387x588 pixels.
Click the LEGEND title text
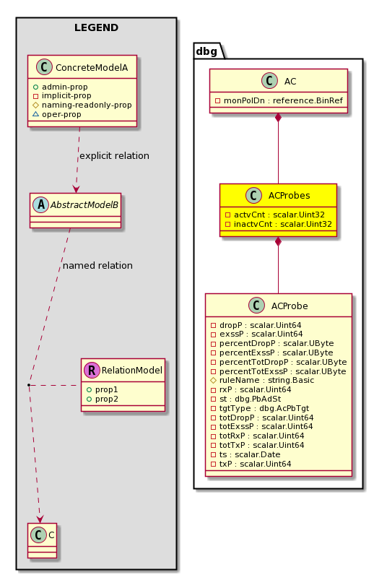pyautogui.click(x=96, y=27)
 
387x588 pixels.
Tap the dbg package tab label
pyautogui.click(x=206, y=51)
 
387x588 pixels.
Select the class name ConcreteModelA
pyautogui.click(x=92, y=67)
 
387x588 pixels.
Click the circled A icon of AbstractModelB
pyautogui.click(x=41, y=204)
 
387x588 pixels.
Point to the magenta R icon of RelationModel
pyautogui.click(x=92, y=371)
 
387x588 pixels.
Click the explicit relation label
pyautogui.click(x=114, y=155)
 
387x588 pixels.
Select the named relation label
pyautogui.click(x=97, y=266)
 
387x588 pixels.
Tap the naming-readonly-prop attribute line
pyautogui.click(x=82, y=105)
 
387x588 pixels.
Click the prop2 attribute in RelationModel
pyautogui.click(x=103, y=399)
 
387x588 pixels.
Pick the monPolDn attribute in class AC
pyautogui.click(x=279, y=100)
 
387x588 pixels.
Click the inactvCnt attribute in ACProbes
pyautogui.click(x=279, y=224)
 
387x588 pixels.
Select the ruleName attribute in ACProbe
pyautogui.click(x=263, y=380)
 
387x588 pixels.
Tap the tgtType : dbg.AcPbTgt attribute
pyautogui.click(x=260, y=408)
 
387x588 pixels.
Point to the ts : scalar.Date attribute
pyautogui.click(x=245, y=454)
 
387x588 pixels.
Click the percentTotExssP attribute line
pyautogui.click(x=278, y=371)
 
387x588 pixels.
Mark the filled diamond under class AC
pyautogui.click(x=278, y=117)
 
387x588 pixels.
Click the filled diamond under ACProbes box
pyautogui.click(x=278, y=241)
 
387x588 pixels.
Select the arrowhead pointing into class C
pyautogui.click(x=40, y=519)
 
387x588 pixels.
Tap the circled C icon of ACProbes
pyautogui.click(x=253, y=195)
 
